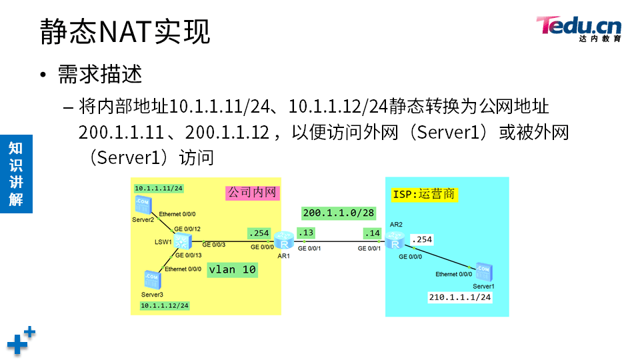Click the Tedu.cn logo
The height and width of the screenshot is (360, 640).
click(x=579, y=29)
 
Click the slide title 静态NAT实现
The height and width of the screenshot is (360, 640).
click(x=125, y=31)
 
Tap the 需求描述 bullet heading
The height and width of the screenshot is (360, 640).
click(x=100, y=73)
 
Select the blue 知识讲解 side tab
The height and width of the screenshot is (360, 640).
click(x=16, y=173)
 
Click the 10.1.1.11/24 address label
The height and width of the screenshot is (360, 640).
click(x=159, y=189)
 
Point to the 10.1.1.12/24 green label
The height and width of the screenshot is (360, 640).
click(x=165, y=305)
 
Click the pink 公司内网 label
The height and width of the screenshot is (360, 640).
click(x=252, y=193)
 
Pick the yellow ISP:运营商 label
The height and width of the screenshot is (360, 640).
click(x=424, y=194)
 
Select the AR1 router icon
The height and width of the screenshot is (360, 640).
click(x=283, y=239)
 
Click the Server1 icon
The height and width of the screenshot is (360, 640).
click(x=482, y=272)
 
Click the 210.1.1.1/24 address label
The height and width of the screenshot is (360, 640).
click(x=460, y=297)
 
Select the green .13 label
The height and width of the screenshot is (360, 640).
click(x=306, y=233)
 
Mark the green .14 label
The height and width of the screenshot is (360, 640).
click(x=371, y=233)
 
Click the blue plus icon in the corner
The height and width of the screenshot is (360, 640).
click(x=21, y=340)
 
